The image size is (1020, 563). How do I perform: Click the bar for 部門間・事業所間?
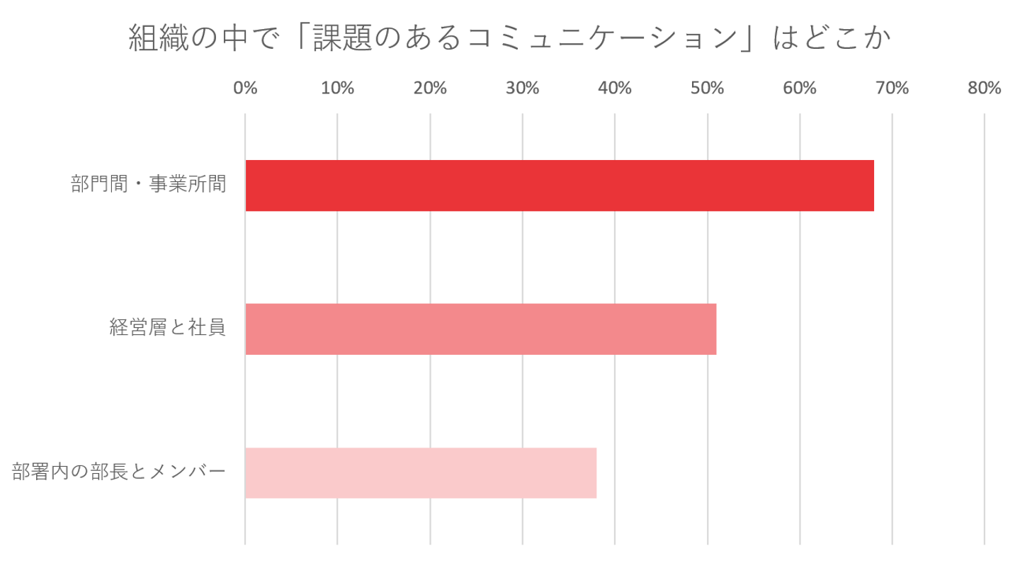pyautogui.click(x=560, y=186)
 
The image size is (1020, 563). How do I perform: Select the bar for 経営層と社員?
pyautogui.click(x=481, y=329)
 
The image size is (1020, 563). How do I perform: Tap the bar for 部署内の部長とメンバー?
pyautogui.click(x=421, y=473)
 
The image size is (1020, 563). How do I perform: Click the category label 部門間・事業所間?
pyautogui.click(x=149, y=186)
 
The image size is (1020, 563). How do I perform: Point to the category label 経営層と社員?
pyautogui.click(x=168, y=328)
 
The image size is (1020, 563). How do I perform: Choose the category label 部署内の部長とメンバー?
pyautogui.click(x=119, y=472)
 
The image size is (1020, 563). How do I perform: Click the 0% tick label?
pyautogui.click(x=245, y=88)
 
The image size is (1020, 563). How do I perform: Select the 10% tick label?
pyautogui.click(x=337, y=88)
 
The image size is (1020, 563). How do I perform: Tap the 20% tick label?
pyautogui.click(x=430, y=88)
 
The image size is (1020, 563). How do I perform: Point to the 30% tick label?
pyautogui.click(x=523, y=88)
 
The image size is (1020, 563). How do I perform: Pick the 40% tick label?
pyautogui.click(x=615, y=88)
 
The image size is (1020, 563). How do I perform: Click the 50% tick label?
pyautogui.click(x=707, y=88)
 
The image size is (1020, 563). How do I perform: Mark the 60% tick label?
pyautogui.click(x=800, y=88)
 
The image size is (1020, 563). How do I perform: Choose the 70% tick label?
pyautogui.click(x=892, y=88)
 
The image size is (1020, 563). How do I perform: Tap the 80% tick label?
pyautogui.click(x=985, y=88)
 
